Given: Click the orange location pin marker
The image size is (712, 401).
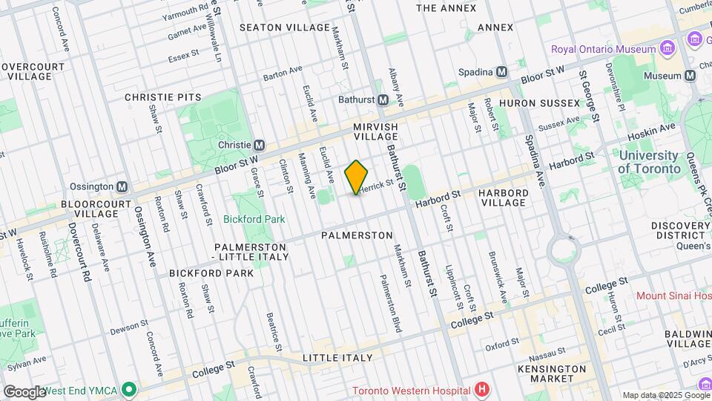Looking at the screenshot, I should pos(357,177).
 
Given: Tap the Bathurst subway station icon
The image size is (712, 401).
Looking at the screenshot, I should pos(383,100).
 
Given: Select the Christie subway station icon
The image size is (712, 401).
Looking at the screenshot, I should pos(260,145).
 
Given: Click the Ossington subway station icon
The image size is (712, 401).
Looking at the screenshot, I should pos(122,186).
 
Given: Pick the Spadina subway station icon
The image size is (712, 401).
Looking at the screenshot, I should pos(502,72).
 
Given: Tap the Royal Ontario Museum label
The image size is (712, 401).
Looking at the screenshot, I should pos(603,49).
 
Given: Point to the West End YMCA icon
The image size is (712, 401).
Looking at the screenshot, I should pos(130,389).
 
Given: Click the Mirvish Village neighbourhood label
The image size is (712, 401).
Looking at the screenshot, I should pos(376,132).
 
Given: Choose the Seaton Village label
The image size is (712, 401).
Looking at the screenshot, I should pos(284,27).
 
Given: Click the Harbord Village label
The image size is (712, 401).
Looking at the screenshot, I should pos(504,198).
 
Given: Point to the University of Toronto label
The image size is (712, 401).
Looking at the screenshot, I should pos(648,162).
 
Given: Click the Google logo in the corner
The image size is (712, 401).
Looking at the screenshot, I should pos(24,391).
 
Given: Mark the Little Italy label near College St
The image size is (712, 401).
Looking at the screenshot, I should pos(337,358).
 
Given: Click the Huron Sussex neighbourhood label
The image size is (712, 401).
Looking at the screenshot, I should pos(539,102).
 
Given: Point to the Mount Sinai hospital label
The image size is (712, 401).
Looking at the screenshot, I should pos(673,296).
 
